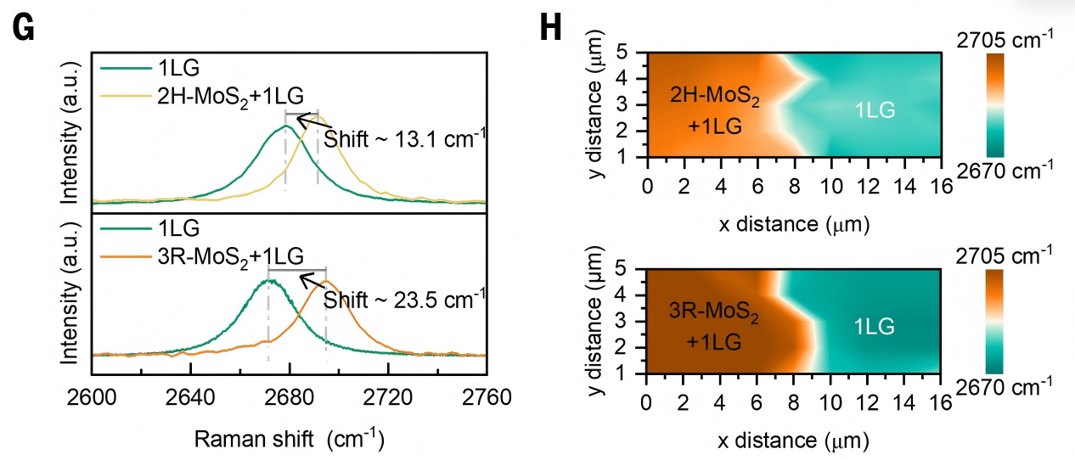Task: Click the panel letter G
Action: pyautogui.click(x=23, y=28)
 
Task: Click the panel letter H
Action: pyautogui.click(x=550, y=28)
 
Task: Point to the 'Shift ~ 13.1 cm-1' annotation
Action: pyautogui.click(x=404, y=138)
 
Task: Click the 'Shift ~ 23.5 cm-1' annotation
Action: pyautogui.click(x=404, y=300)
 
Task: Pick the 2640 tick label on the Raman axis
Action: pyautogui.click(x=190, y=398)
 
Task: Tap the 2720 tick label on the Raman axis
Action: pyautogui.click(x=388, y=398)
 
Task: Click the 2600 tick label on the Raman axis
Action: pyautogui.click(x=92, y=398)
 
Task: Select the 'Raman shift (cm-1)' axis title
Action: pyautogui.click(x=290, y=439)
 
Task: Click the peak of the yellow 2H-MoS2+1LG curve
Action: pyautogui.click(x=318, y=116)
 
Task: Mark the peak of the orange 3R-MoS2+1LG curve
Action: pyautogui.click(x=326, y=281)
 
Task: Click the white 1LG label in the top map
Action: pyautogui.click(x=875, y=110)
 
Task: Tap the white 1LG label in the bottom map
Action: pyautogui.click(x=874, y=327)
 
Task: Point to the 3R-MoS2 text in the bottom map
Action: pyautogui.click(x=713, y=312)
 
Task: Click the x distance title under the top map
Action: pyautogui.click(x=794, y=224)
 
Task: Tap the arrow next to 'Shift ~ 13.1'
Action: pyautogui.click(x=314, y=121)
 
